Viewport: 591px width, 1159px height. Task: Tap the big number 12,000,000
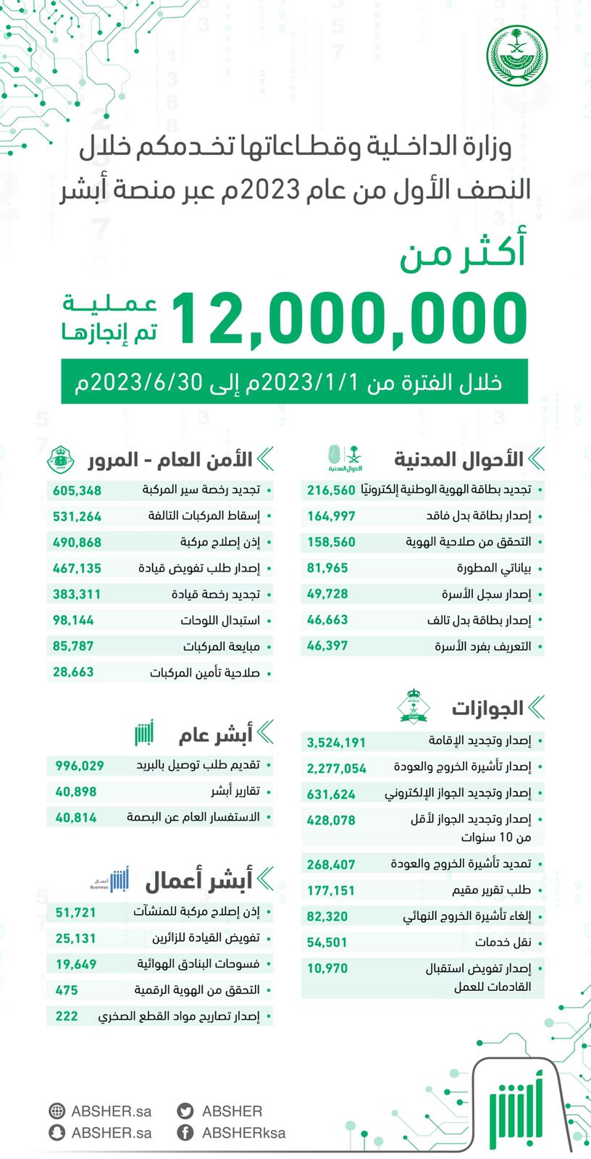coord(350,318)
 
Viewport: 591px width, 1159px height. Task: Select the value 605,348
coord(77,490)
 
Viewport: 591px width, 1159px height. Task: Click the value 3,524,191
coord(336,742)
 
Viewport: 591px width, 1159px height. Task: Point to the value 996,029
coord(80,766)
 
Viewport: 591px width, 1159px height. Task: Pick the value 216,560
coord(331,490)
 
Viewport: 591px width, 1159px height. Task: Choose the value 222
coord(67,1016)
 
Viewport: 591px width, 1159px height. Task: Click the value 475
coord(67,990)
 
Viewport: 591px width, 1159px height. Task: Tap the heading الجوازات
coord(487,708)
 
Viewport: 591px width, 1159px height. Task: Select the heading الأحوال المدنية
coord(458,459)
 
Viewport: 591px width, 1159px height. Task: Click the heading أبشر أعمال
coord(198,881)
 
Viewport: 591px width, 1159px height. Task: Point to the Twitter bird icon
coord(185,1111)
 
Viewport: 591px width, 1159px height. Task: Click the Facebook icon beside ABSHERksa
coord(185,1133)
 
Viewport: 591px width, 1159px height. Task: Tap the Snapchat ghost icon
coord(56,1133)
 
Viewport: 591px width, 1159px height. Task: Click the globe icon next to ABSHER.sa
coord(56,1111)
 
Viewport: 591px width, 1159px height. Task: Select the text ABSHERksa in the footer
coord(243,1133)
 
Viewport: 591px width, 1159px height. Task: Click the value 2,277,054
coord(336,769)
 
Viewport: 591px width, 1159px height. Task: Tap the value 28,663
coord(73,672)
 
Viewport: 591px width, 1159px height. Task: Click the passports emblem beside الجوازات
coord(414,706)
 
